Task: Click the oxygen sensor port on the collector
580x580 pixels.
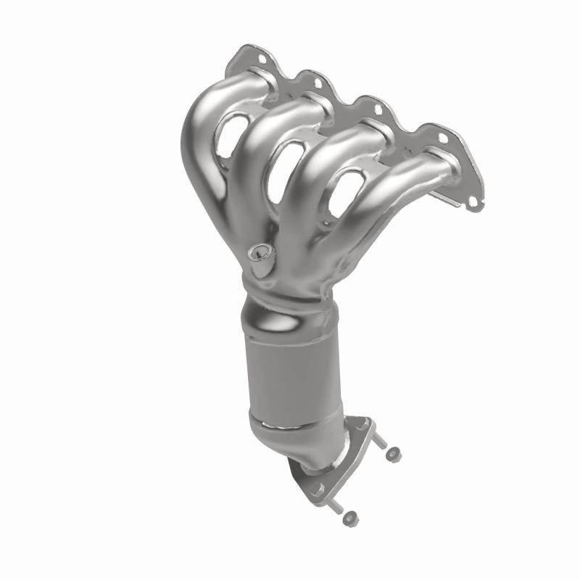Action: click(x=257, y=254)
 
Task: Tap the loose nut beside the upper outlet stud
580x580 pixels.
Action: click(x=394, y=455)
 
